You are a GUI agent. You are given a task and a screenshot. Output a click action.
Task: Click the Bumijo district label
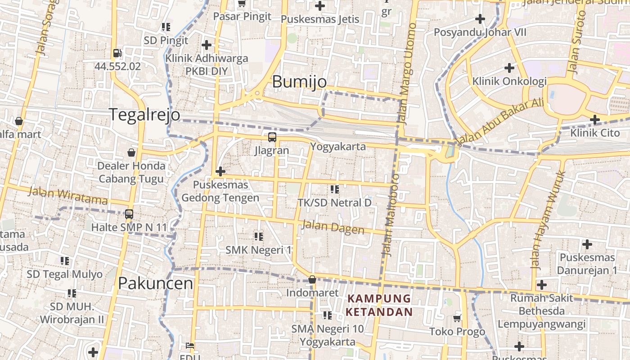pos(299,82)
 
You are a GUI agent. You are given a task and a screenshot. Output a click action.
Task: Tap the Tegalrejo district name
pos(144,115)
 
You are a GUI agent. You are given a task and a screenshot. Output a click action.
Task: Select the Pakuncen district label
pos(155,283)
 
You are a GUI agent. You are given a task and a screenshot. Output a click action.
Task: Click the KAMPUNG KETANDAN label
pos(379,305)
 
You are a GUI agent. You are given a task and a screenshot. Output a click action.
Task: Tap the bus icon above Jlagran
pos(272,137)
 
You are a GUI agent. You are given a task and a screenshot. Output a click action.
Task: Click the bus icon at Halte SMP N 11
pos(129,214)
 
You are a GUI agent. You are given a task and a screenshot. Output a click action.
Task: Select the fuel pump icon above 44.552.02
pos(117,53)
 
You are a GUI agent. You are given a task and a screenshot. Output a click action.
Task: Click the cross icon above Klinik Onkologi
pos(509,68)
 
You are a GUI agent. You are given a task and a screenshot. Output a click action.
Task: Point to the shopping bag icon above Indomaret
pos(312,279)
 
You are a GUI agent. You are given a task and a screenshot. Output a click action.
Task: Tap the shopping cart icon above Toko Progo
pos(457,318)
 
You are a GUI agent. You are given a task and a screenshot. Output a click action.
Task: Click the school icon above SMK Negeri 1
pos(258,236)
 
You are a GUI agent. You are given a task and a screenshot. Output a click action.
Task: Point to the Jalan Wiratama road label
pos(67,196)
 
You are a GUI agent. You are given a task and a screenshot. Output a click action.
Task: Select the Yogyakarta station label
pos(338,147)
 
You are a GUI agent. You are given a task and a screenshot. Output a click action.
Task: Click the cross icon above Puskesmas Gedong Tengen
pos(220,171)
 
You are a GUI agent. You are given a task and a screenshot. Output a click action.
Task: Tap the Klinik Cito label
pos(595,133)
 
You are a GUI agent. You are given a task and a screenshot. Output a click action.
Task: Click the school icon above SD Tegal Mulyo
pos(65,261)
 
